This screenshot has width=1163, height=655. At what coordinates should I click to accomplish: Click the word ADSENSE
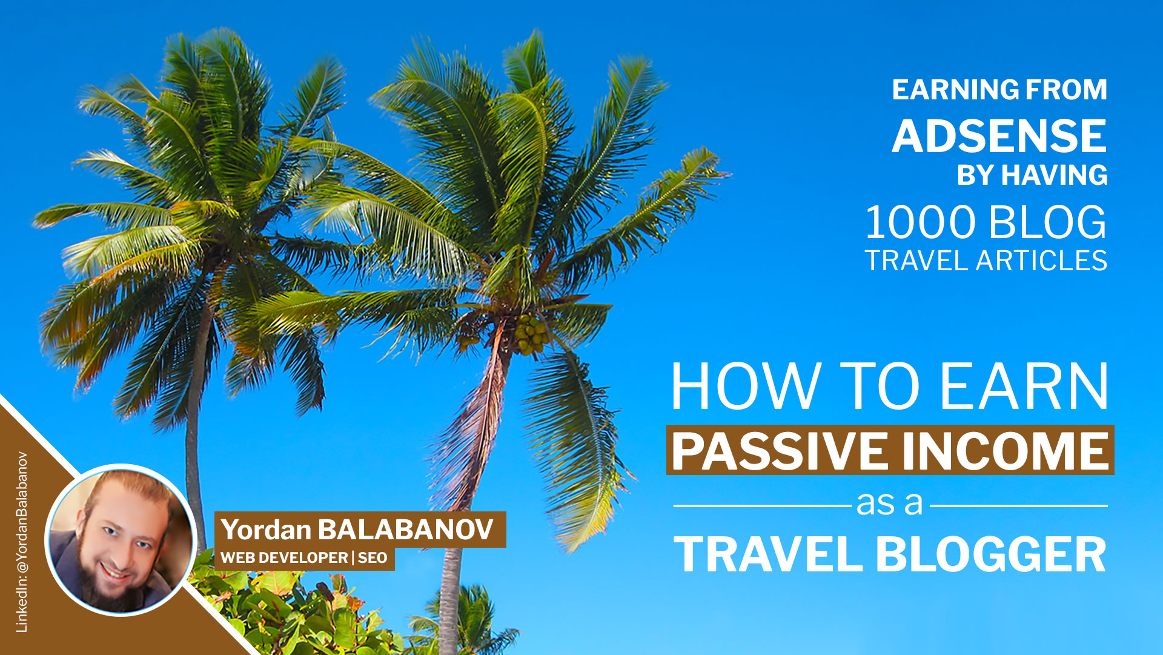(x=999, y=136)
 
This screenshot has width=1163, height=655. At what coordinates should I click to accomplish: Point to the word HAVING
(x=1054, y=175)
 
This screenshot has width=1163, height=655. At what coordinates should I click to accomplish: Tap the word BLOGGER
(x=990, y=554)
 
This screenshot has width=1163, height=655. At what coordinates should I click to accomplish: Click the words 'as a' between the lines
(x=889, y=504)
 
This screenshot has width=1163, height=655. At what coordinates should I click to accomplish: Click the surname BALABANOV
(x=406, y=530)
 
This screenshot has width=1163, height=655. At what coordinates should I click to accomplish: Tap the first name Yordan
(x=266, y=530)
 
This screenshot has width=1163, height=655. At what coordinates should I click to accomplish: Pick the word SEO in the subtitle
(x=372, y=557)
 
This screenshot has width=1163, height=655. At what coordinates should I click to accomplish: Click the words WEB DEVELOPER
(x=284, y=557)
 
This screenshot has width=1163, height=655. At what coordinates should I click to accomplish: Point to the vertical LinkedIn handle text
(x=22, y=542)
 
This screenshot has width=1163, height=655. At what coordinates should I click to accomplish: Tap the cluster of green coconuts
(x=530, y=335)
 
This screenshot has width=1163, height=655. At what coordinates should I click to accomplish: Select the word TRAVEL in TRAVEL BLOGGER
(x=768, y=554)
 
